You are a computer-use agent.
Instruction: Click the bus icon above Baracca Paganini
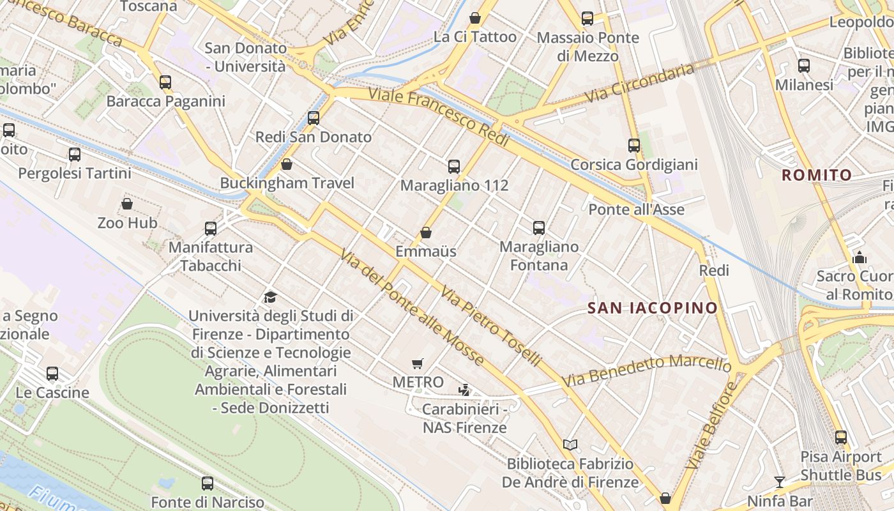click(165, 82)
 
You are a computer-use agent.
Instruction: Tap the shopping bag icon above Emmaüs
click(426, 233)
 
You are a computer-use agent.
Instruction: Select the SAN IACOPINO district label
click(653, 308)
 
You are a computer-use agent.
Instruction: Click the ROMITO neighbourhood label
click(817, 175)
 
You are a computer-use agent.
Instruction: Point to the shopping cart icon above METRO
click(418, 364)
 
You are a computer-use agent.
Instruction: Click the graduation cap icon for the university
click(271, 297)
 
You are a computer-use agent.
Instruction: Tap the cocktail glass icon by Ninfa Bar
click(779, 482)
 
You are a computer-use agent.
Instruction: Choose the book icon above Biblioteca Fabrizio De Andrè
click(570, 445)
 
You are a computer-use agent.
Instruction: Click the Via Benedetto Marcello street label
click(646, 370)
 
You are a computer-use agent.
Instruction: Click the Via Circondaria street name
click(640, 83)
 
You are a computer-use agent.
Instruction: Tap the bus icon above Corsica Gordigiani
click(633, 146)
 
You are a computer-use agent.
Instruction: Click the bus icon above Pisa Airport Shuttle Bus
click(841, 438)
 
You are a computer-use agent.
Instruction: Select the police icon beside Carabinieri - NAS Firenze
click(465, 390)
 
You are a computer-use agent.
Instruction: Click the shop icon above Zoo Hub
click(127, 204)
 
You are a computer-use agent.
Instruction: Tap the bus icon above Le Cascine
click(52, 374)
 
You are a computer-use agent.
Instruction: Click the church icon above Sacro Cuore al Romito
click(860, 257)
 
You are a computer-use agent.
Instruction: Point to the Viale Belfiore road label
click(710, 425)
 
